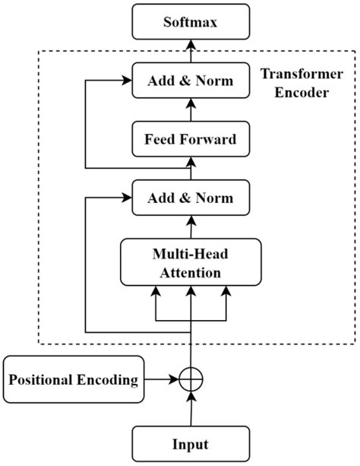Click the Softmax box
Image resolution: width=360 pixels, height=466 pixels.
coord(191,21)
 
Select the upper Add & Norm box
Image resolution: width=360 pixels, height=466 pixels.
coord(191,80)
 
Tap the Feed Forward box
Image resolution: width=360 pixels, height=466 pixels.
coord(191,139)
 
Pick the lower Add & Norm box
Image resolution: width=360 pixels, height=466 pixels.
coord(191,198)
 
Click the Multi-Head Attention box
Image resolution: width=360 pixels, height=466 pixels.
coord(191,262)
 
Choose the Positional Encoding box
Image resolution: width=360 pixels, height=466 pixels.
coord(74,378)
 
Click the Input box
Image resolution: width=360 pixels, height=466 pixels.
coord(191,443)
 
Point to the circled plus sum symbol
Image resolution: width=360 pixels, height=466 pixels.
coord(191,378)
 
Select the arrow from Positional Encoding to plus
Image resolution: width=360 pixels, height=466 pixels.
coord(161,378)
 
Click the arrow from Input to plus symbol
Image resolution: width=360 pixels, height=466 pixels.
coord(191,408)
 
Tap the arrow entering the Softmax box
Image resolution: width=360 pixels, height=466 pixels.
coord(191,49)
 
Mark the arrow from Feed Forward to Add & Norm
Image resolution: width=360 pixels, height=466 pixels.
coord(191,109)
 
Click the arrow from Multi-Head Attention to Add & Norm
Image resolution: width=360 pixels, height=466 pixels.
coord(191,227)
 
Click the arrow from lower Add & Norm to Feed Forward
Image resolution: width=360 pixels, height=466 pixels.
coord(191,168)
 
